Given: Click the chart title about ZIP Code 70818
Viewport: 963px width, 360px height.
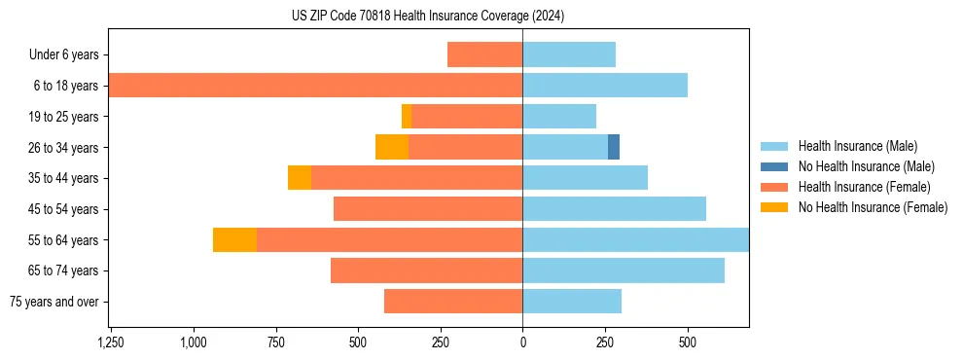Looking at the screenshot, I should point(428,17).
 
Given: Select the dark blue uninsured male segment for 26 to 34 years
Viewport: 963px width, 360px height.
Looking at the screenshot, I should point(614,147).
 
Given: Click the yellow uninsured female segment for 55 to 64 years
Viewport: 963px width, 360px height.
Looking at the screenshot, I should point(234,239).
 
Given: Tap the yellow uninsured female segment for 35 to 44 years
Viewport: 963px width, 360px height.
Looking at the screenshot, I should point(300,178).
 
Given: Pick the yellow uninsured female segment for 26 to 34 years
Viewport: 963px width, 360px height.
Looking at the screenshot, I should point(392,147).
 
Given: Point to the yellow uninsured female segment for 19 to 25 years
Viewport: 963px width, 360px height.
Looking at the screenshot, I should point(407,117).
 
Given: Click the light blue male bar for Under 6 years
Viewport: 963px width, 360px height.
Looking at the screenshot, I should point(569,54).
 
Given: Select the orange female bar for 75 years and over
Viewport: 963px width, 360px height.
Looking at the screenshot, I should point(453,302).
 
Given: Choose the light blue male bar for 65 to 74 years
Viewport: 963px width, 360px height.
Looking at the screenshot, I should point(624,270).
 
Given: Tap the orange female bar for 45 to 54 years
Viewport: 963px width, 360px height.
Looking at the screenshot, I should point(428,209).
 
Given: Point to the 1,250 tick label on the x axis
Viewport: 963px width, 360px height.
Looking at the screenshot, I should point(111,342).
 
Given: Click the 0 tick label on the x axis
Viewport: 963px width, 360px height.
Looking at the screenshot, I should point(522,342).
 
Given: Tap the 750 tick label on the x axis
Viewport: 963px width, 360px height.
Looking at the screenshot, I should point(275,342).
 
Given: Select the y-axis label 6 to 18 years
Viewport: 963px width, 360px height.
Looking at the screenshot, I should point(66,86).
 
